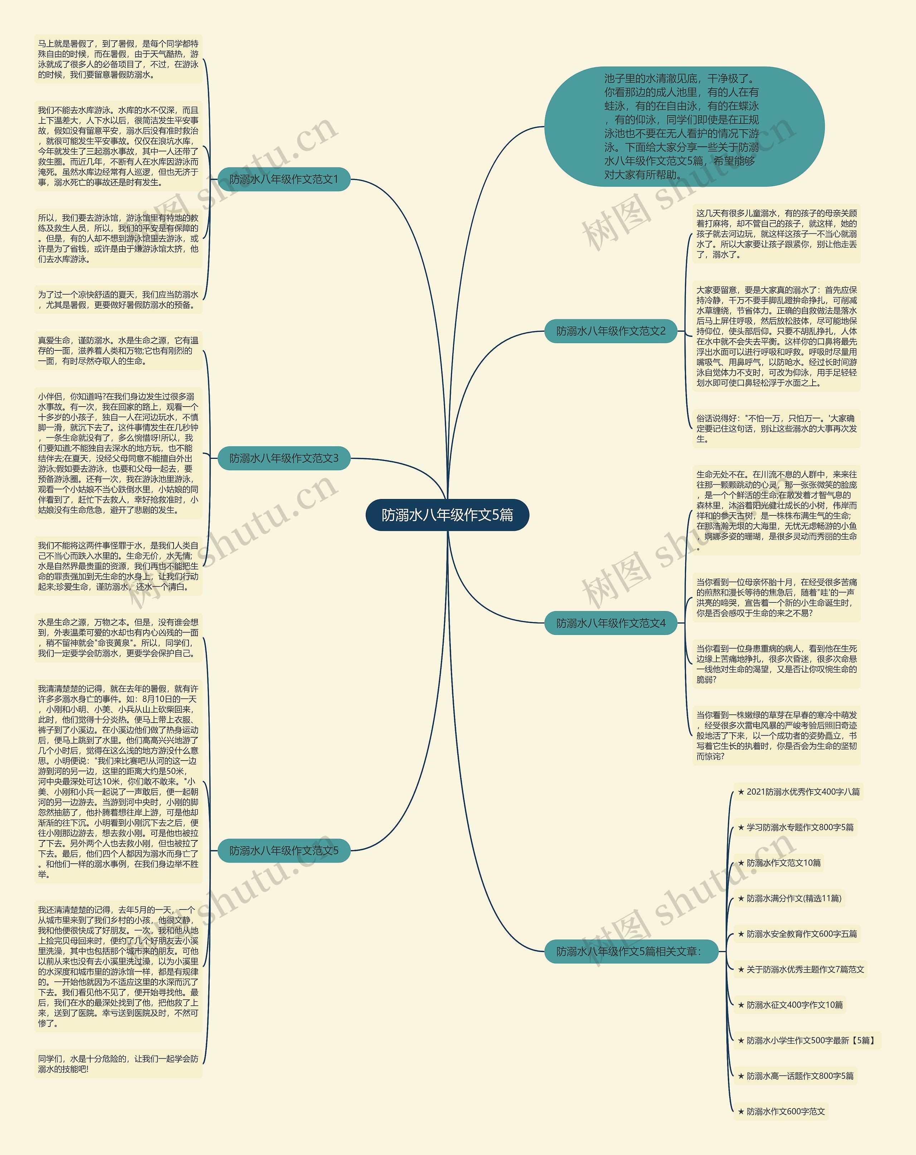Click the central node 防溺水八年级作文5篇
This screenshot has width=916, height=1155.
tap(447, 515)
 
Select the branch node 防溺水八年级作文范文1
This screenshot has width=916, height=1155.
tap(284, 179)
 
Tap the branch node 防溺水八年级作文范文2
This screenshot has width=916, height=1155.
tap(611, 331)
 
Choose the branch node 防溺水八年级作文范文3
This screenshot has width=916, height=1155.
tap(284, 458)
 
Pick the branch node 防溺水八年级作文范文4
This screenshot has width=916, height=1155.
tap(611, 623)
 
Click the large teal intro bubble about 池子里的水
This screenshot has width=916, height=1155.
tap(684, 126)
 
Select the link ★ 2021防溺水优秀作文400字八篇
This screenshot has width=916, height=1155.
tap(798, 792)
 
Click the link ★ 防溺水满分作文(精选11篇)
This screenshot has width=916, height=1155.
tap(789, 898)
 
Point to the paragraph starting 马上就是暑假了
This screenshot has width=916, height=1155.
tap(118, 59)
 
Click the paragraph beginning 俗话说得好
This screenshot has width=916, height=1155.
tap(776, 428)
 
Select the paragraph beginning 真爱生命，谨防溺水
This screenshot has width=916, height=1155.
tap(118, 351)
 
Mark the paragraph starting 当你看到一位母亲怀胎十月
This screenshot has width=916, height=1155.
tap(776, 597)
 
